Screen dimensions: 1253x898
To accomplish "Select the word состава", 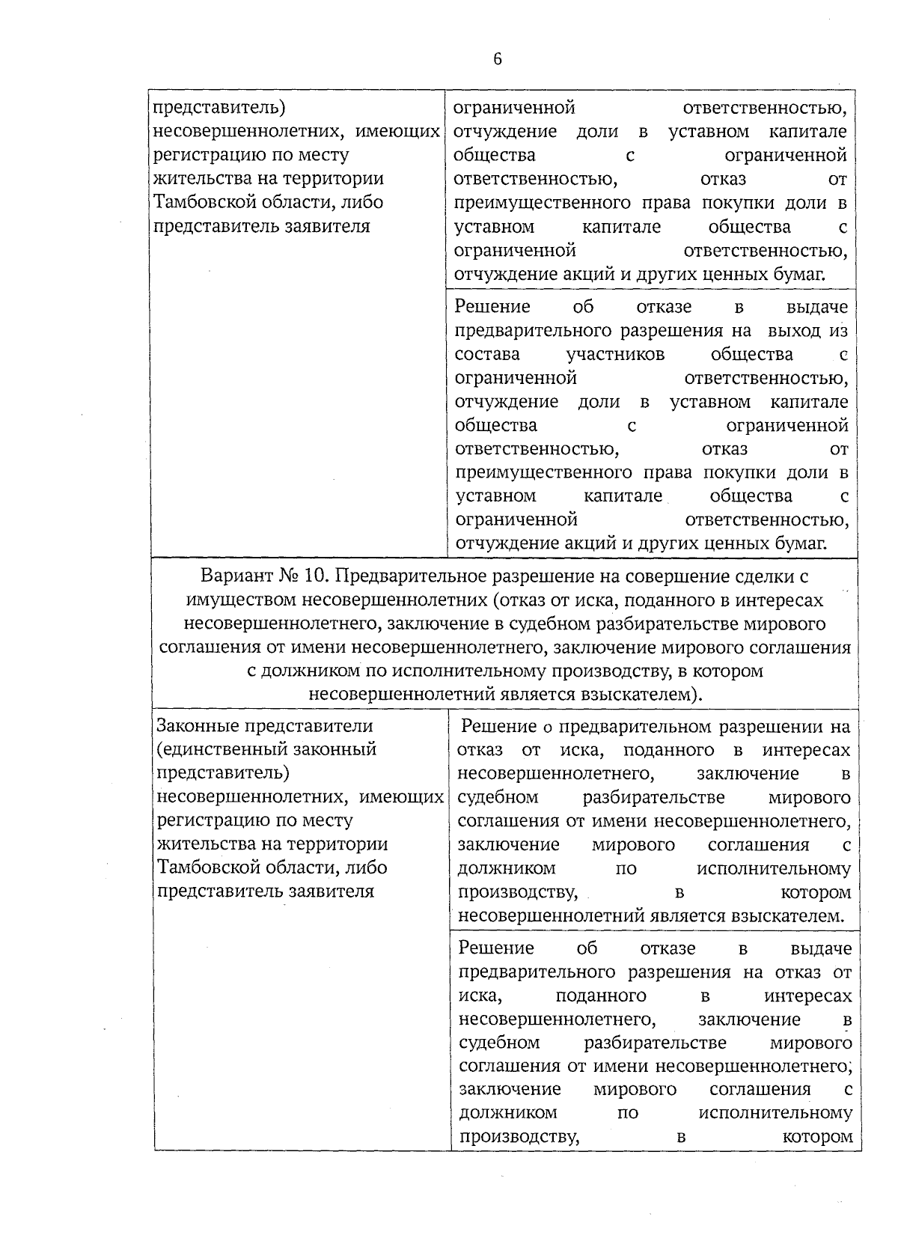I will [x=487, y=354].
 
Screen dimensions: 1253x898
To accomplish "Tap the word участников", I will [x=615, y=354].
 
